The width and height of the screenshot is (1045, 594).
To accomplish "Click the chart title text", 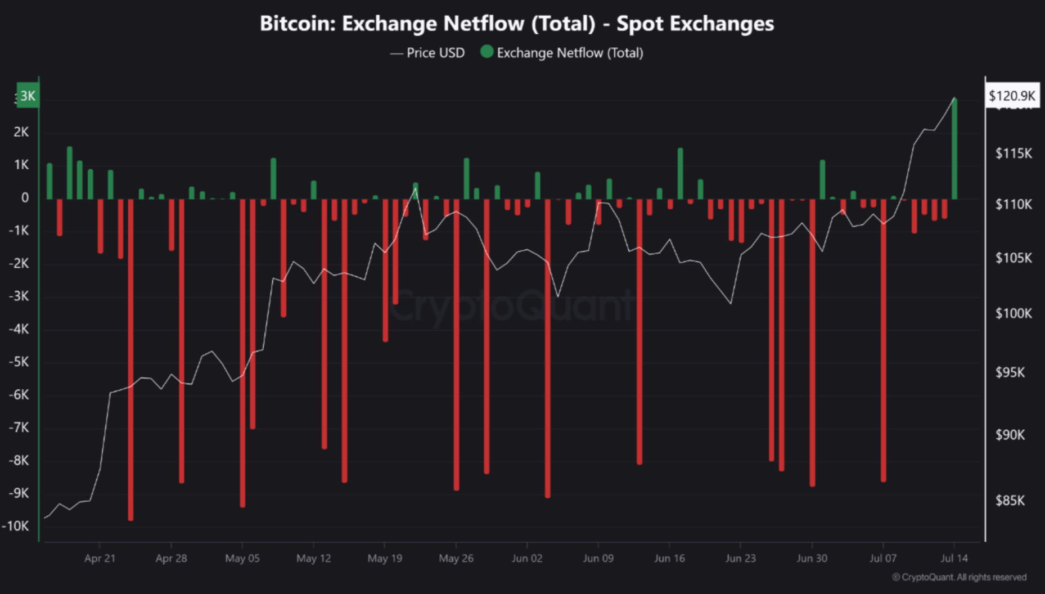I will coord(516,24).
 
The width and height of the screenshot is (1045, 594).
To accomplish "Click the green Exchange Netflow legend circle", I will coord(487,52).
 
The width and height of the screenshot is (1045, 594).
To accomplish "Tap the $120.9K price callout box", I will coord(1011,96).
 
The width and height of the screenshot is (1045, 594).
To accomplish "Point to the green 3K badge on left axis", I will coord(28,96).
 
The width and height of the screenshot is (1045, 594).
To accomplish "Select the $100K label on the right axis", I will coord(1014,313).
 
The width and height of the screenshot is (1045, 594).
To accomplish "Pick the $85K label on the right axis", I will coord(1010,500).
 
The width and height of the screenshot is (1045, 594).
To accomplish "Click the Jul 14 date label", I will coord(954,559).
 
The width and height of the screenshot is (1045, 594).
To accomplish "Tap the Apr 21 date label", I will coord(100,559).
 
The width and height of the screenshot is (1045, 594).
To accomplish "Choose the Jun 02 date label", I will coord(527,559).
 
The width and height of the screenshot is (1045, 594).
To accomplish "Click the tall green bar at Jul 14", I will coord(954,149).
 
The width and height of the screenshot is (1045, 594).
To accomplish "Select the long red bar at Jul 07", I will coord(884,337).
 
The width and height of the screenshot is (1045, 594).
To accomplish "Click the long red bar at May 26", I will coord(456,343).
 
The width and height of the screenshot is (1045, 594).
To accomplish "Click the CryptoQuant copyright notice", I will coord(959,577).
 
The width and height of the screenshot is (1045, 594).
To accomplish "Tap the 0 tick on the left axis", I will coord(25,197).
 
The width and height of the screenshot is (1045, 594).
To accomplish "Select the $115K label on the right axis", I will coord(1014,153).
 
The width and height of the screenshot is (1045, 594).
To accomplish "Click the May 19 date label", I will coord(385,559).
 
